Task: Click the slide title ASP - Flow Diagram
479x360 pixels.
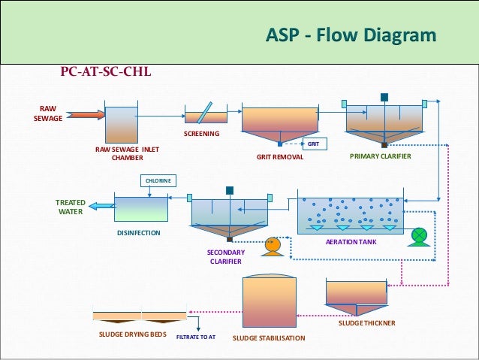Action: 351,36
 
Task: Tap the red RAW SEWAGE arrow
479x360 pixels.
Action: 84,115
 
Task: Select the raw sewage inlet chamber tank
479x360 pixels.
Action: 121,125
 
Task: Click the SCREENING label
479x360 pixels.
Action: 201,134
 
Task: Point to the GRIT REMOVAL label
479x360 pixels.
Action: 279,158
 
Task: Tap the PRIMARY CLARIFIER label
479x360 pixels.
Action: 381,157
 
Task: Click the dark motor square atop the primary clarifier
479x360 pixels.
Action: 384,97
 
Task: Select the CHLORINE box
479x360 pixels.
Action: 158,180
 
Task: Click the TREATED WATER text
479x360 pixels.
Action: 71,207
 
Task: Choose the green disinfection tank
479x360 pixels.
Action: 140,208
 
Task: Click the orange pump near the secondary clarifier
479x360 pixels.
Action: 273,244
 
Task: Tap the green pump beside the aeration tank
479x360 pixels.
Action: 419,235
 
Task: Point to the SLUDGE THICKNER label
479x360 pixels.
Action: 366,323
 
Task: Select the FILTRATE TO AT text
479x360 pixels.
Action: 195,337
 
